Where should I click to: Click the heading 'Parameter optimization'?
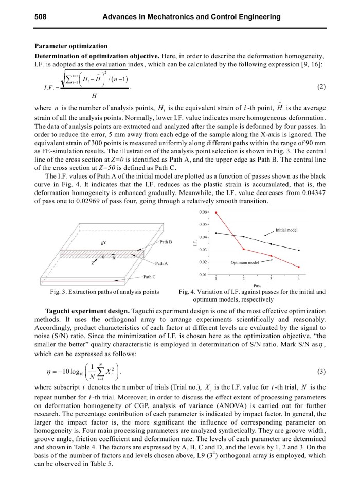tap(70, 46)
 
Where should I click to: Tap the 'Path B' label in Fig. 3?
tap(166, 242)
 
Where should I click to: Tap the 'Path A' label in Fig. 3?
tap(162, 263)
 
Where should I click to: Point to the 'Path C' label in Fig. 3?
tap(150, 277)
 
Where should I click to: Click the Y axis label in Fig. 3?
tap(105, 242)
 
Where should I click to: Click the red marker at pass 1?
tap(216, 213)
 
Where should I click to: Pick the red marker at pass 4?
tap(299, 267)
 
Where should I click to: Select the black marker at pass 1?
tap(216, 233)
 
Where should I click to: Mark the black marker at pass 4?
tap(299, 250)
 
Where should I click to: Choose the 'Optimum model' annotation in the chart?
tap(244, 262)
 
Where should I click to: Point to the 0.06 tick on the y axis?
tap(204, 212)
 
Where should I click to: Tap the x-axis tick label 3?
tap(271, 278)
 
